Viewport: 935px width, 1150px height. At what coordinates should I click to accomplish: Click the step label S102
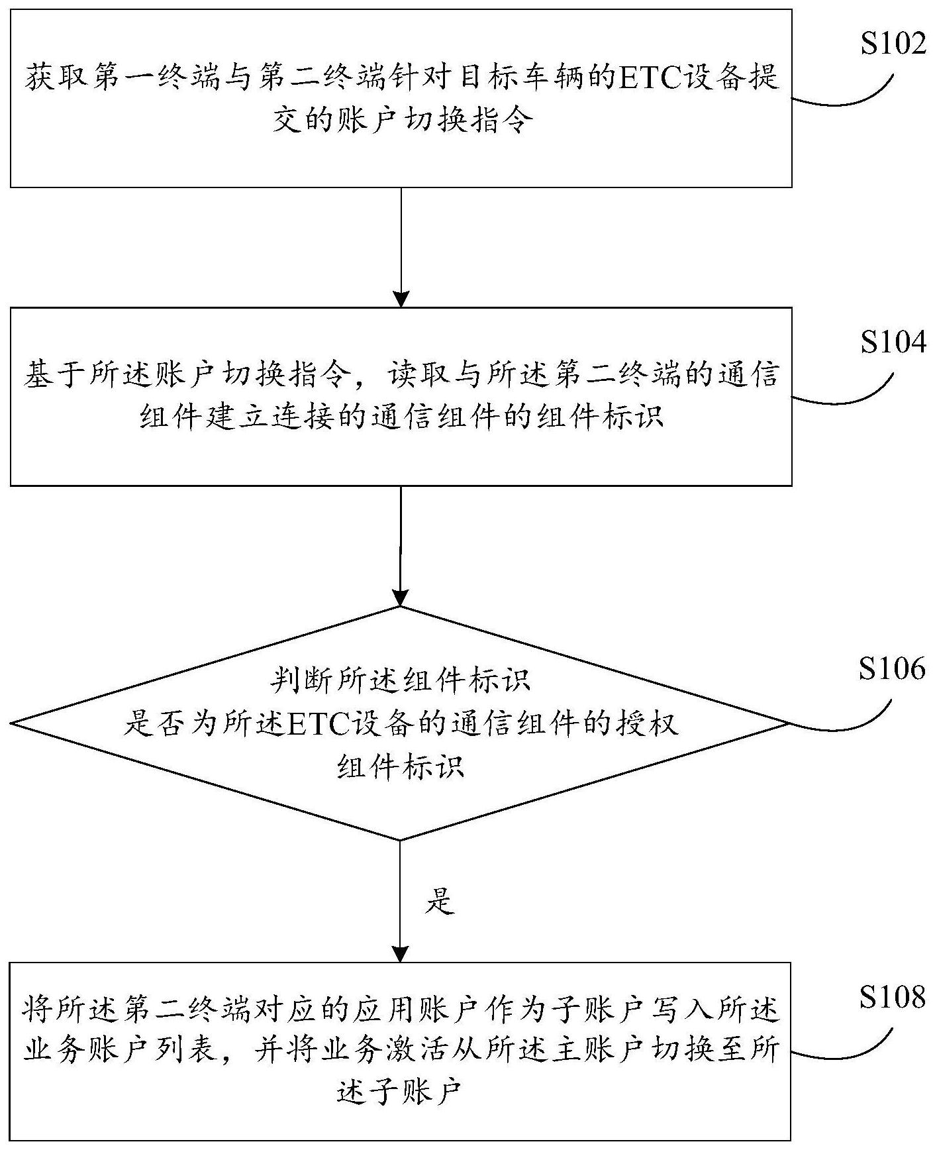click(x=893, y=44)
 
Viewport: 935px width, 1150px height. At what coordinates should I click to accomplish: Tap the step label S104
click(x=893, y=342)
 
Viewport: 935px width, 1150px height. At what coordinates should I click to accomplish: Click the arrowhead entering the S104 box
click(x=401, y=299)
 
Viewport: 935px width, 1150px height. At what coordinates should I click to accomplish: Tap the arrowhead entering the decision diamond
click(x=401, y=598)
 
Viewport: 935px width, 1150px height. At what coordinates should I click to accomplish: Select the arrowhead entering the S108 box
click(x=401, y=954)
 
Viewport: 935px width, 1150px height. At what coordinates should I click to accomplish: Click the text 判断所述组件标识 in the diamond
click(x=401, y=680)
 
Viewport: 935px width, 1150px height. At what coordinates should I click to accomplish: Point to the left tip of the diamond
click(x=13, y=723)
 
